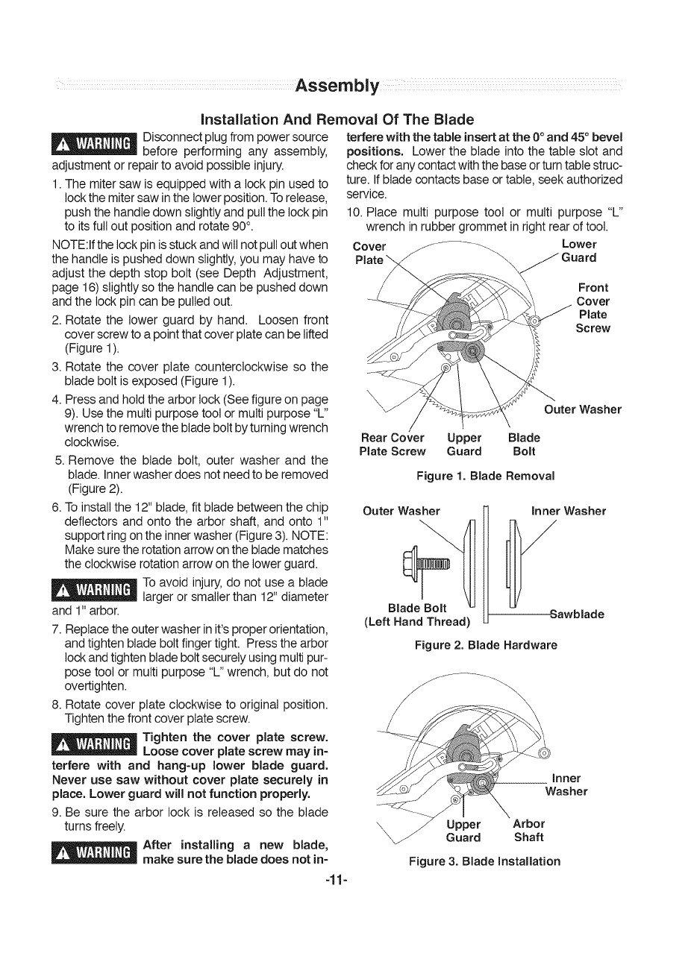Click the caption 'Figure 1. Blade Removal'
(x=485, y=476)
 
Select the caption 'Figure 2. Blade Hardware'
(x=486, y=645)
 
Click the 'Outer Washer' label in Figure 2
(x=401, y=512)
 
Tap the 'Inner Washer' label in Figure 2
(x=569, y=512)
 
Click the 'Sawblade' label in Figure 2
(x=576, y=614)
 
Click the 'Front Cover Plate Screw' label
(x=593, y=308)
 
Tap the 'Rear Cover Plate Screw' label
(x=392, y=444)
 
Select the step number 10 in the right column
(x=354, y=211)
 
